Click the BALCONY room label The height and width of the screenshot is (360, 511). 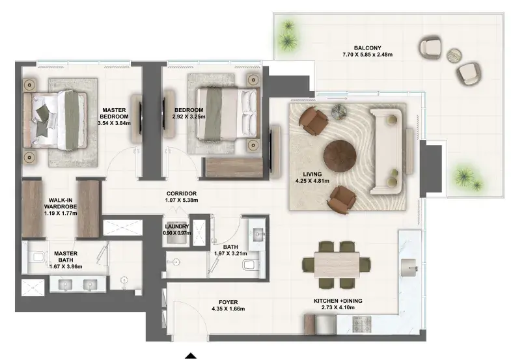pyautogui.click(x=367, y=48)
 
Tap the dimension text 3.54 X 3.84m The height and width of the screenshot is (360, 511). pyautogui.click(x=114, y=123)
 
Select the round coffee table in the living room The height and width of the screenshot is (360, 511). pyautogui.click(x=340, y=156)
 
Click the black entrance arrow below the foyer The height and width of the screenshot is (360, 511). pyautogui.click(x=191, y=355)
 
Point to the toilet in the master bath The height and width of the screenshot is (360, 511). pyautogui.click(x=38, y=257)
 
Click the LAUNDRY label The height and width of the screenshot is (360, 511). pyautogui.click(x=177, y=227)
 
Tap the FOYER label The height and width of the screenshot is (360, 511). pyautogui.click(x=228, y=302)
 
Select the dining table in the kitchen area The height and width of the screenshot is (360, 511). pyautogui.click(x=337, y=264)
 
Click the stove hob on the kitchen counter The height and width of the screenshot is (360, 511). pyautogui.click(x=362, y=324)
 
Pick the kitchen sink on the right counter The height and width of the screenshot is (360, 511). pyautogui.click(x=409, y=267)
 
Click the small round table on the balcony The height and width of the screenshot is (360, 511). pyautogui.click(x=454, y=56)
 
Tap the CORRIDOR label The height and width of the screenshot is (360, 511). pyautogui.click(x=182, y=193)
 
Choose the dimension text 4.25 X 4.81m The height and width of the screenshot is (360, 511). pyautogui.click(x=312, y=181)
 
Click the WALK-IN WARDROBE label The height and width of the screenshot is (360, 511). pyautogui.click(x=61, y=203)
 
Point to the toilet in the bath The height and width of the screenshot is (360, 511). pyautogui.click(x=250, y=264)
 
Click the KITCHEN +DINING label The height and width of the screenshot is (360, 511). pyautogui.click(x=338, y=301)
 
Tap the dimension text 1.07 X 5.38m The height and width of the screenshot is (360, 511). pyautogui.click(x=182, y=200)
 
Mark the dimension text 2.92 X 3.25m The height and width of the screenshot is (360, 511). pyautogui.click(x=189, y=117)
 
